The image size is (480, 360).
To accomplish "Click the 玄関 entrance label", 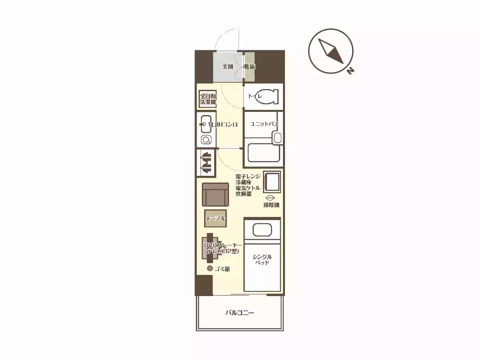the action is tap(228, 67).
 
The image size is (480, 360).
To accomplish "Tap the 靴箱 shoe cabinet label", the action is tap(249, 67).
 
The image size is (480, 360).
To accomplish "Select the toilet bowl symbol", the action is tap(267, 97).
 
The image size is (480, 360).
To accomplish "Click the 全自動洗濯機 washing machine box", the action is tap(208, 99).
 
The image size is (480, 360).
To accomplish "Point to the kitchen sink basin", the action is tap(206, 124).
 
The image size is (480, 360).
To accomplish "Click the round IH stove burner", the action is tap(206, 140).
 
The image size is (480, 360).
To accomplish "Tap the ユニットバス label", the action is tap(264, 124).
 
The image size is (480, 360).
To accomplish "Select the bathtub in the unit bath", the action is tap(263, 153).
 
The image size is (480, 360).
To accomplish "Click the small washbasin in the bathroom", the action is tap(277, 138).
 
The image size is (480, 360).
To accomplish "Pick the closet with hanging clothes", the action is tap(206, 163).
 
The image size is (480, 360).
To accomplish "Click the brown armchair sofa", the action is tap(215, 195).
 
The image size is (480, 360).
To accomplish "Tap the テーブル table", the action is tap(215, 219).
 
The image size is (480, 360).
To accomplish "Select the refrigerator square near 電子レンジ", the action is tap(272, 182).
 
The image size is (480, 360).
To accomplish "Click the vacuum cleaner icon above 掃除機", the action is tap(270, 198).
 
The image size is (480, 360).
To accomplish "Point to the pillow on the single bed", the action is tap(262, 230).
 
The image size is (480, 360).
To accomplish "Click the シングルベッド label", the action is tap(262, 260).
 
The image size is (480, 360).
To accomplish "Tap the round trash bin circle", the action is tap(210, 269).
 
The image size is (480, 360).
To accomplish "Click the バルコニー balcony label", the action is tap(240, 313).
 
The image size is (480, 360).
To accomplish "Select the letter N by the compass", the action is tap(350, 71).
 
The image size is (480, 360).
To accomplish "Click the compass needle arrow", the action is tap(331, 51).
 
